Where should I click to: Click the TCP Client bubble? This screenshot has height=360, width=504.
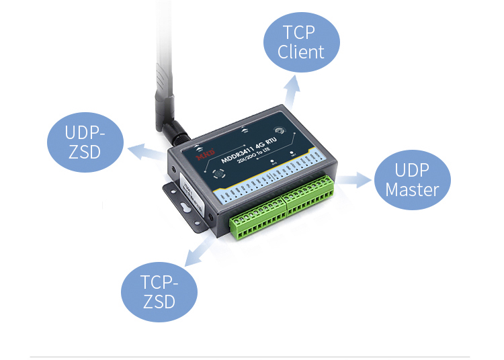(301, 42)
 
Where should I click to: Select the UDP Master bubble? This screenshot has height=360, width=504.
(412, 179)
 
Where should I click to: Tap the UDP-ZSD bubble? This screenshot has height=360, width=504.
(85, 142)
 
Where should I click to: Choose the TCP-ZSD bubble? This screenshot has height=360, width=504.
(159, 291)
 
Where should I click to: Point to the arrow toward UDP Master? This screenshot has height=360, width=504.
(354, 179)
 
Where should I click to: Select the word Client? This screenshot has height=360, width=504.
(301, 52)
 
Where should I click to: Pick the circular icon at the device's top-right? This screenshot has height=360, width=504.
(279, 132)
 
